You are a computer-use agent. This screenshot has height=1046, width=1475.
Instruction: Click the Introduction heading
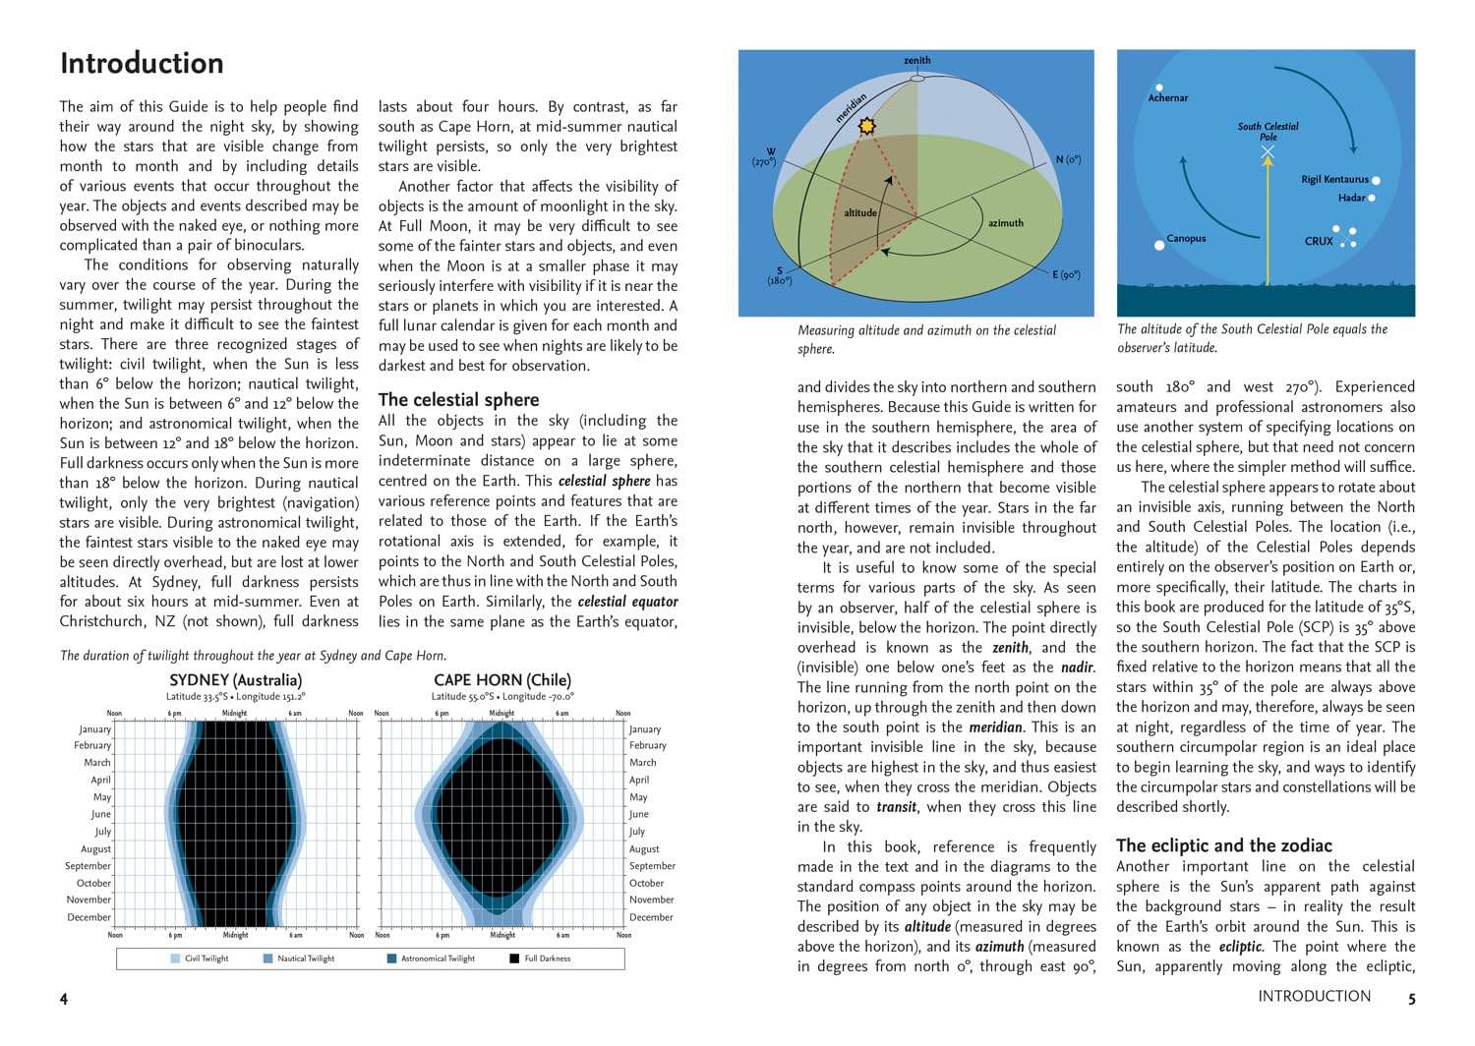click(142, 63)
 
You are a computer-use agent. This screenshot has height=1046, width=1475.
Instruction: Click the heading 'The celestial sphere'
click(458, 399)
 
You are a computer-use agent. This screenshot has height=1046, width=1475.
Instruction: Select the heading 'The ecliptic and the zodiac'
click(1223, 845)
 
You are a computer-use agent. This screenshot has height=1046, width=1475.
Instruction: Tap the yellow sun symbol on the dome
click(866, 127)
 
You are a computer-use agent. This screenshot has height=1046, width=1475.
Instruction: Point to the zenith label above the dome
click(916, 61)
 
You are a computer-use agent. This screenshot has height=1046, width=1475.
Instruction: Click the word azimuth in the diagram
click(1005, 223)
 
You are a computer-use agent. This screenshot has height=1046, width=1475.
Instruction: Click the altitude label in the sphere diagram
click(860, 212)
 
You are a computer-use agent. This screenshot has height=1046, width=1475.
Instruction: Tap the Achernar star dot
click(1159, 87)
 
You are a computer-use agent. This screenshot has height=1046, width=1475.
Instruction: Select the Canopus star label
click(1186, 238)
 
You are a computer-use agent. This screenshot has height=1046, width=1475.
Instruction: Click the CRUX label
click(1319, 241)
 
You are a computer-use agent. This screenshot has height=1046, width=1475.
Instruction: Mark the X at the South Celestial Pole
click(1268, 152)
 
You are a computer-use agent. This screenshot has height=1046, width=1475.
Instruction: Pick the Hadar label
click(1351, 198)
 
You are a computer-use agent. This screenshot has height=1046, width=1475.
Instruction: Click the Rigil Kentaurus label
click(1334, 180)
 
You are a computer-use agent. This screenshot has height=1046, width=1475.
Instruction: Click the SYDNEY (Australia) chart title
click(235, 679)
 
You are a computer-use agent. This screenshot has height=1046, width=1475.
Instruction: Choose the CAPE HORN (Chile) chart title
click(501, 679)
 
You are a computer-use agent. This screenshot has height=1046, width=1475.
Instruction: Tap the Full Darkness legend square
click(514, 959)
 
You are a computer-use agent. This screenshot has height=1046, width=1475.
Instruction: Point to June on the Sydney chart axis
click(101, 814)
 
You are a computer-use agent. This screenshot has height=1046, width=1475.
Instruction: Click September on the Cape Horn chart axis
click(652, 866)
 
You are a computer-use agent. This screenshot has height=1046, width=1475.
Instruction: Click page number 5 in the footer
click(1411, 998)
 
